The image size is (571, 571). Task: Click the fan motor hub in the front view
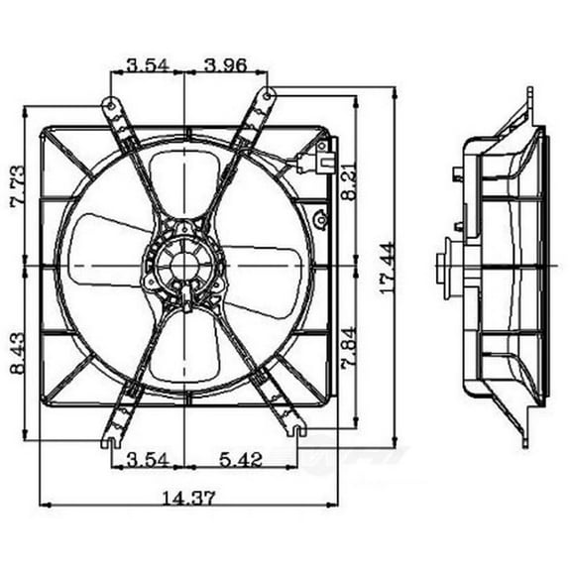point(184,266)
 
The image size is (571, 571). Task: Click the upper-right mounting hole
point(270,91)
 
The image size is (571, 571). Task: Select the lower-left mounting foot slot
point(107,441)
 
